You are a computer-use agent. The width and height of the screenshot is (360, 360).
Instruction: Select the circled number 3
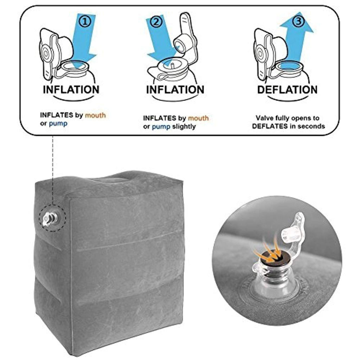coord(298,21)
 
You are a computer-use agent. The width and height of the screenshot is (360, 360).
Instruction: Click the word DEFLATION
coord(287,89)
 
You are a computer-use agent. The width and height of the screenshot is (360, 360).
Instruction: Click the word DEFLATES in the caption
coord(269,126)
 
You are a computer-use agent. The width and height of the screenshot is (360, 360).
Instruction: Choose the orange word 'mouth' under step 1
coord(95,115)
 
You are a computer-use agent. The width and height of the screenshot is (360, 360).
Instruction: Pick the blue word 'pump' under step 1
coord(58,124)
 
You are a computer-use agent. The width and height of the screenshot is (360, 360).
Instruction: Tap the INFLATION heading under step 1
coord(71,89)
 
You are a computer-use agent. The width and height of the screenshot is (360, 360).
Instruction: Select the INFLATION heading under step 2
coord(175,89)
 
